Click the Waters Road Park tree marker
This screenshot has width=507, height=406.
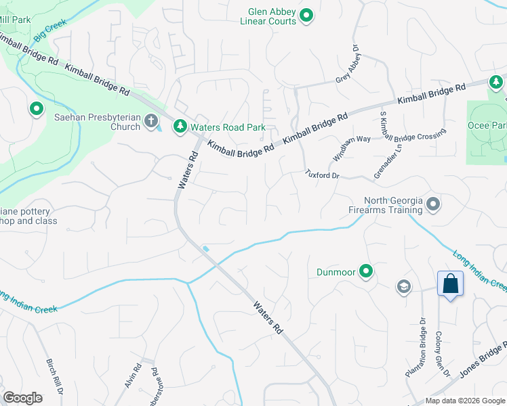(x=181, y=127)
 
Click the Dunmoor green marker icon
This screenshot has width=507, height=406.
(x=367, y=272)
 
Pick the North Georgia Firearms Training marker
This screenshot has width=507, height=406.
(x=434, y=204)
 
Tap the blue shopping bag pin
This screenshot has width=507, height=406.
(x=451, y=284)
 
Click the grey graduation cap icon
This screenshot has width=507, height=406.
(x=404, y=287)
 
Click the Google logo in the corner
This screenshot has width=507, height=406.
(x=22, y=398)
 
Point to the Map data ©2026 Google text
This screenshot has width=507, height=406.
(x=465, y=401)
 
